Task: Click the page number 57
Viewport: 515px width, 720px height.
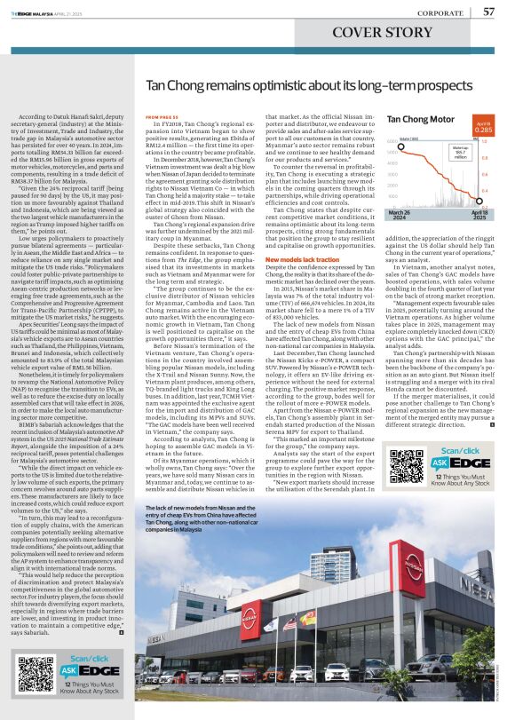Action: [x=489, y=12]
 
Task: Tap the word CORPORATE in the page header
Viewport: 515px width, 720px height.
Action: [x=445, y=12]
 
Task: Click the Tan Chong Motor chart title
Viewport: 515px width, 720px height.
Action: [x=421, y=119]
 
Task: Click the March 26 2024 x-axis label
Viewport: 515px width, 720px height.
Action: [x=399, y=216]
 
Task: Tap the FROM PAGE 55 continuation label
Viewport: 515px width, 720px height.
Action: [x=156, y=116]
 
